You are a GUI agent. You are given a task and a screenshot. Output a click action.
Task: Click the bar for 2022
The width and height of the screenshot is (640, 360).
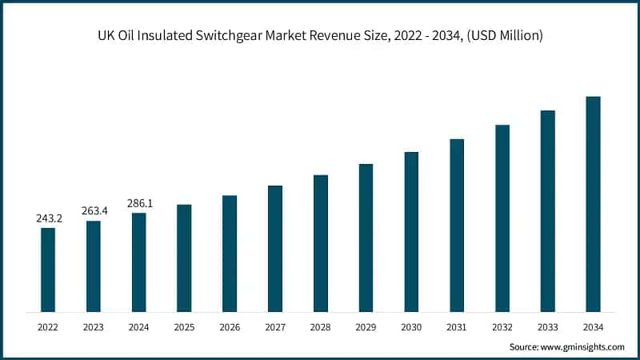(x=48, y=270)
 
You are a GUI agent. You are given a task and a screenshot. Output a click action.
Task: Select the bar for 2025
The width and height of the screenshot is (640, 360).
(x=184, y=258)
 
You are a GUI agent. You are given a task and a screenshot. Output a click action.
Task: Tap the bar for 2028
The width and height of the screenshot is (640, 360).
(x=320, y=243)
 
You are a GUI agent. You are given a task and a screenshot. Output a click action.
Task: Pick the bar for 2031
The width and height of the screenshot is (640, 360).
(x=457, y=225)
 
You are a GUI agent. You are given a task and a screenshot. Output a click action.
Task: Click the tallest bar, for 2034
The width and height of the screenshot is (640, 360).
(x=593, y=204)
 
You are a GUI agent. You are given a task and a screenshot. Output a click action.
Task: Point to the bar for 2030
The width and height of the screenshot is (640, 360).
(x=411, y=231)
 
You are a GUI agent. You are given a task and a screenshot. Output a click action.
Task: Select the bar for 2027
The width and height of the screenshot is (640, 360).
(x=275, y=248)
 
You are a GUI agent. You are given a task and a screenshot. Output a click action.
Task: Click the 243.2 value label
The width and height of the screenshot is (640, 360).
(x=48, y=218)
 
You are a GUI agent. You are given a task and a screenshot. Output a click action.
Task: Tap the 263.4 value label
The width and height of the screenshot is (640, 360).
(x=94, y=211)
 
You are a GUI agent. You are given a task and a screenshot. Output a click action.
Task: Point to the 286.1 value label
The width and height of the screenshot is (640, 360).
(x=139, y=203)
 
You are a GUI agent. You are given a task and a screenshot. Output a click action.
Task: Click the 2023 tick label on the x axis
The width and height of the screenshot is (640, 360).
(x=94, y=326)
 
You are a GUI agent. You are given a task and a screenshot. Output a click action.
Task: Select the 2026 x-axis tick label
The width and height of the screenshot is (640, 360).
(x=230, y=326)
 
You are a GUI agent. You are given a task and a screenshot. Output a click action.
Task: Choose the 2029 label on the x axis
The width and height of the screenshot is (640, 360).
(x=366, y=326)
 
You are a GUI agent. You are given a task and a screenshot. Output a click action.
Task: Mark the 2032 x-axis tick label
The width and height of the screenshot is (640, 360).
(x=502, y=326)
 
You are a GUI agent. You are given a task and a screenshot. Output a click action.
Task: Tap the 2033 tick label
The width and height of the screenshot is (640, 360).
(x=547, y=326)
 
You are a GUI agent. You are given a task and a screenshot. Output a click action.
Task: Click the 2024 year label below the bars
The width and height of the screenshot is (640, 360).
(x=139, y=326)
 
